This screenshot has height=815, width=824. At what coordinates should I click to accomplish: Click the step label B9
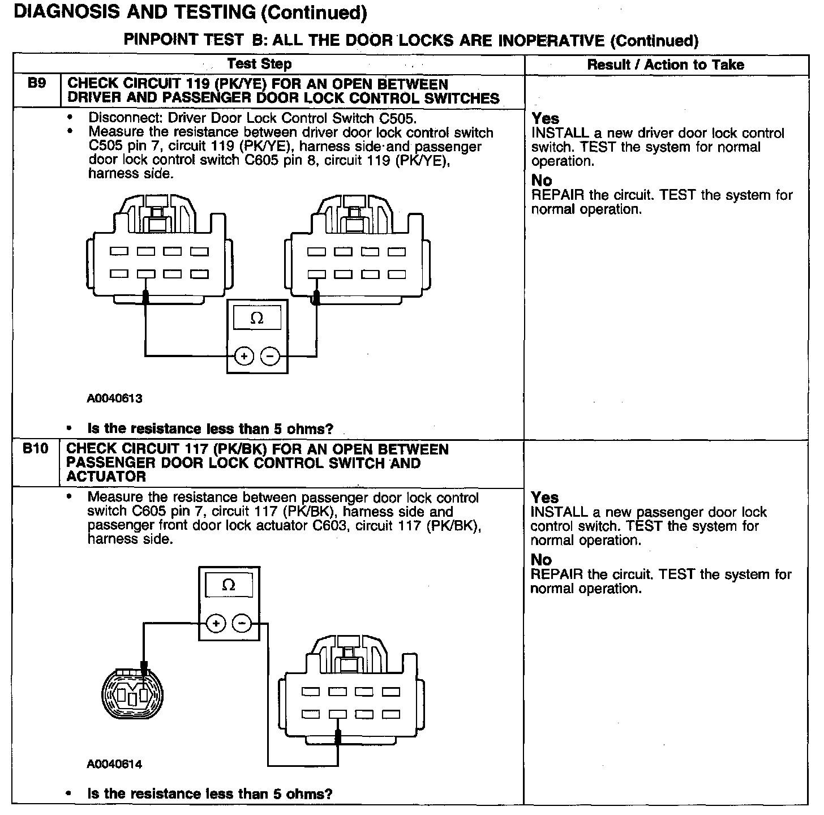[36, 84]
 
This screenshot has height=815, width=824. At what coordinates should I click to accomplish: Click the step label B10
[35, 449]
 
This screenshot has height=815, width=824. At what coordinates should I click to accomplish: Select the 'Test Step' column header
[259, 64]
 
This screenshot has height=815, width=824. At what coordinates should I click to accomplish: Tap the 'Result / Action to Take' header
[666, 65]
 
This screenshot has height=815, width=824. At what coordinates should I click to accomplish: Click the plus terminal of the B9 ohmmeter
[244, 357]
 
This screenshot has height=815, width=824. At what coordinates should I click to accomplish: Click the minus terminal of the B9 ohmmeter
[270, 357]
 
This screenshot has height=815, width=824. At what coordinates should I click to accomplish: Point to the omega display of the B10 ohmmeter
[229, 585]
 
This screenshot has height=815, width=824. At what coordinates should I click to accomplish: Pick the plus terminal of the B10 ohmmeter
[216, 624]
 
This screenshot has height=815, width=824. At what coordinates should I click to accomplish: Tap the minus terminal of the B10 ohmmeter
[242, 624]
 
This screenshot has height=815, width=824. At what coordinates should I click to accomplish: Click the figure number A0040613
[114, 398]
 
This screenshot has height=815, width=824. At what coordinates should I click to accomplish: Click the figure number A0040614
[114, 765]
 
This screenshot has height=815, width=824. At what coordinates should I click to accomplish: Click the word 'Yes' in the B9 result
[545, 119]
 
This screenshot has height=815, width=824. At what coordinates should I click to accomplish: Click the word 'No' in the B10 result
[541, 560]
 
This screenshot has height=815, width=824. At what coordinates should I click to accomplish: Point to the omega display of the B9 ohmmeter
[257, 319]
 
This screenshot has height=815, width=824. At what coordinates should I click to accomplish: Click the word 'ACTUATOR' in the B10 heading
[106, 477]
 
